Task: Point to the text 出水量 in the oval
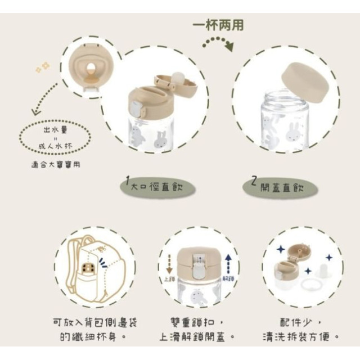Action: (54, 129)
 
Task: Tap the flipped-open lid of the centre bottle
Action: (176, 84)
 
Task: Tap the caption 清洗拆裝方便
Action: (301, 337)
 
